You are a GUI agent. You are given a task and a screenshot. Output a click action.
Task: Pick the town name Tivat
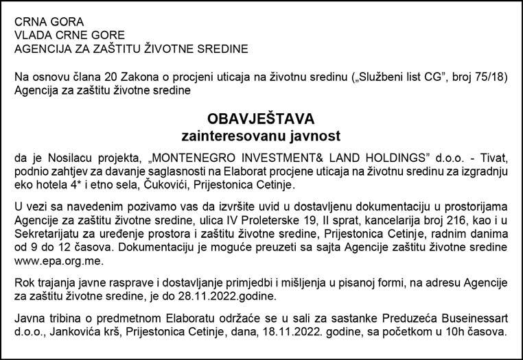pos(491,158)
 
